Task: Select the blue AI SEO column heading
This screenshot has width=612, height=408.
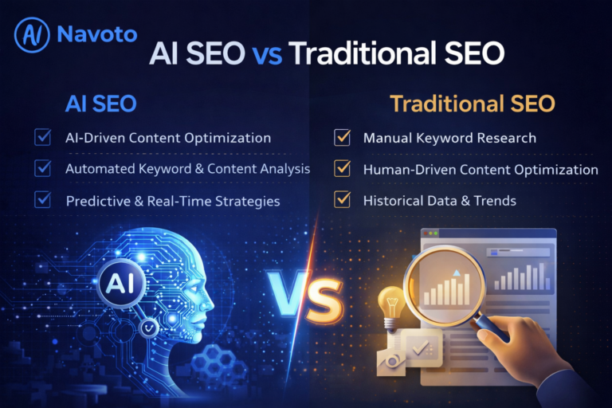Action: (x=100, y=104)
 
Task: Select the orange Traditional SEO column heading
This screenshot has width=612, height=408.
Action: (x=472, y=104)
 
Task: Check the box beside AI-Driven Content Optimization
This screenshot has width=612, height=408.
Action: (x=42, y=138)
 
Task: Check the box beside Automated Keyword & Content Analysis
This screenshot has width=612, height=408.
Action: (x=42, y=168)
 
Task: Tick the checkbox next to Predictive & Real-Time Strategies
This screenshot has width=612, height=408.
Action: (x=42, y=200)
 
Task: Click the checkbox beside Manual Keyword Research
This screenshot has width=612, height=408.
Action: (x=343, y=138)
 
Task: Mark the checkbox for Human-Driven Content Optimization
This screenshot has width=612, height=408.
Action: (x=343, y=169)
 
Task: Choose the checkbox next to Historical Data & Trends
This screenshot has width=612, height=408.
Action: (x=343, y=200)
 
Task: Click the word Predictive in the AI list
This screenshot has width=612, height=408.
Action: (x=96, y=201)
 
